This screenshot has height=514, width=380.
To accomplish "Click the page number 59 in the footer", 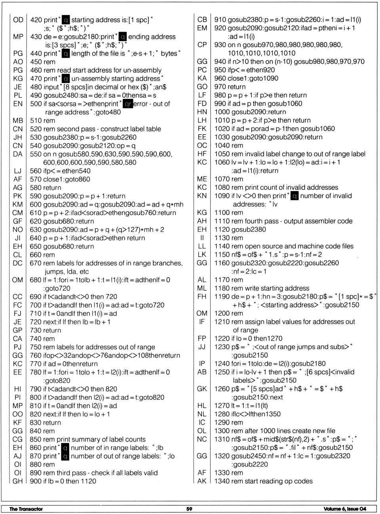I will point(189,509).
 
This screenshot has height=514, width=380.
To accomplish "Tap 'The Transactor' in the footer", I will point(26,509).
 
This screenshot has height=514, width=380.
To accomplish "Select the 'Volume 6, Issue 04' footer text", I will point(345,509).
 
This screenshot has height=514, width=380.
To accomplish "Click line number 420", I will point(36,20).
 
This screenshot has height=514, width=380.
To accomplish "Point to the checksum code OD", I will point(18,20).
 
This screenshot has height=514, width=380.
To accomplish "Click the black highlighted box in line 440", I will point(66,53).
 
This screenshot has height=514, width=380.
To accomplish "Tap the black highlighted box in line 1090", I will point(294,196).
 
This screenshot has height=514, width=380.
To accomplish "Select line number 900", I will point(36,481).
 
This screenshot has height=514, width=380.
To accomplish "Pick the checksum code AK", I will point(202,481).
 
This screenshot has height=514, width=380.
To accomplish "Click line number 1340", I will point(222,481).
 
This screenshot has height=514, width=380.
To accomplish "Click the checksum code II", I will point(202,238).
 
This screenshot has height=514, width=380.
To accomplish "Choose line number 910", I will point(220,20).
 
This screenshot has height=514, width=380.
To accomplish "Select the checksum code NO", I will point(18,229).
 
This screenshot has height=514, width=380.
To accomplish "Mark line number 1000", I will point(222,112).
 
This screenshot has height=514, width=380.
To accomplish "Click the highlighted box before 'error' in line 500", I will point(127,104).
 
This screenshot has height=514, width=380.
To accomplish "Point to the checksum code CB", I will point(202,20).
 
